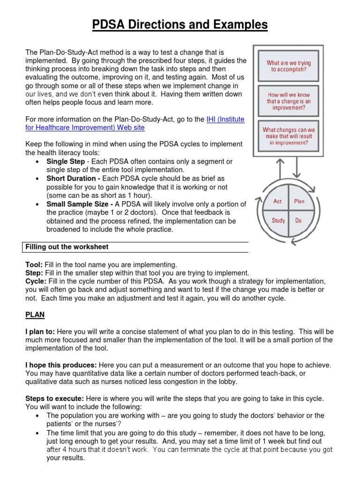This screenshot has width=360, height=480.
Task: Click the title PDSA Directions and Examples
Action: (x=180, y=24)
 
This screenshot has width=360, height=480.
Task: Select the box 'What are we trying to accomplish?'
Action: (x=288, y=66)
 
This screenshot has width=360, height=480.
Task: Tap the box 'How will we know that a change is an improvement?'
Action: (x=288, y=101)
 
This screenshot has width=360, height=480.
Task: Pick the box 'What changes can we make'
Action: (x=288, y=136)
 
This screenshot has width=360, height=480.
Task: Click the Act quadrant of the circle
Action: (x=278, y=201)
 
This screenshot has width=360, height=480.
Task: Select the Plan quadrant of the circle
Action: (x=299, y=201)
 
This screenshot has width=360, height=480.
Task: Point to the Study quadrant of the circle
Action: (x=278, y=220)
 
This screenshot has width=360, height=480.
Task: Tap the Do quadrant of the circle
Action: (x=299, y=220)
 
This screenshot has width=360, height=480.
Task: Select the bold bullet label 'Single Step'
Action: (x=66, y=161)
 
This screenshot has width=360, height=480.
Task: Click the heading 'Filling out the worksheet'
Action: (x=67, y=247)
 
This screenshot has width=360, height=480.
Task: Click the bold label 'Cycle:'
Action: (x=36, y=281)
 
